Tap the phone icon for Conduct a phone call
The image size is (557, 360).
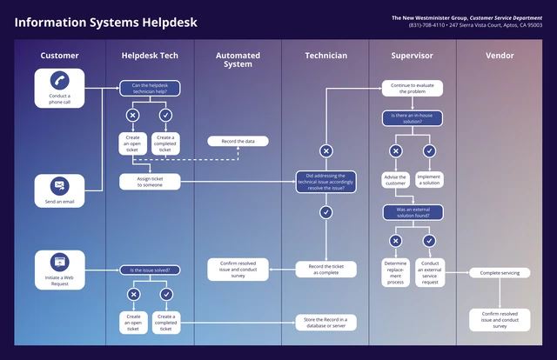coord(59,81)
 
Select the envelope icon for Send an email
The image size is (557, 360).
coord(59,185)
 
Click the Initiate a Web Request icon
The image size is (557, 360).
coord(59,261)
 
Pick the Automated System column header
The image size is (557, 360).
coord(238,59)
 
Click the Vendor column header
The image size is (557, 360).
coord(500,56)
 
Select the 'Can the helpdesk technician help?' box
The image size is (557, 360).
coord(150,88)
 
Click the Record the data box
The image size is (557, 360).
coord(238,141)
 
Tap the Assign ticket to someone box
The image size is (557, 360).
coord(150,182)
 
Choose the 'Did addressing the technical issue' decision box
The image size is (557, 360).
coord(325,182)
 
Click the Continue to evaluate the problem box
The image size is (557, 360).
coord(413,88)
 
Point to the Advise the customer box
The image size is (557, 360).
coord(396,180)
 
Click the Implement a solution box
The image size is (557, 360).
coord(429,180)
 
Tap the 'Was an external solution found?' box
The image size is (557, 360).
coord(413,211)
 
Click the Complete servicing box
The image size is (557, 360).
coord(500,273)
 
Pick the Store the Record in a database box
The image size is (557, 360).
coord(325,322)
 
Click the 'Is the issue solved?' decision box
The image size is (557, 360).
coord(150,270)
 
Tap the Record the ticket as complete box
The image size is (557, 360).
coord(325,269)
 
